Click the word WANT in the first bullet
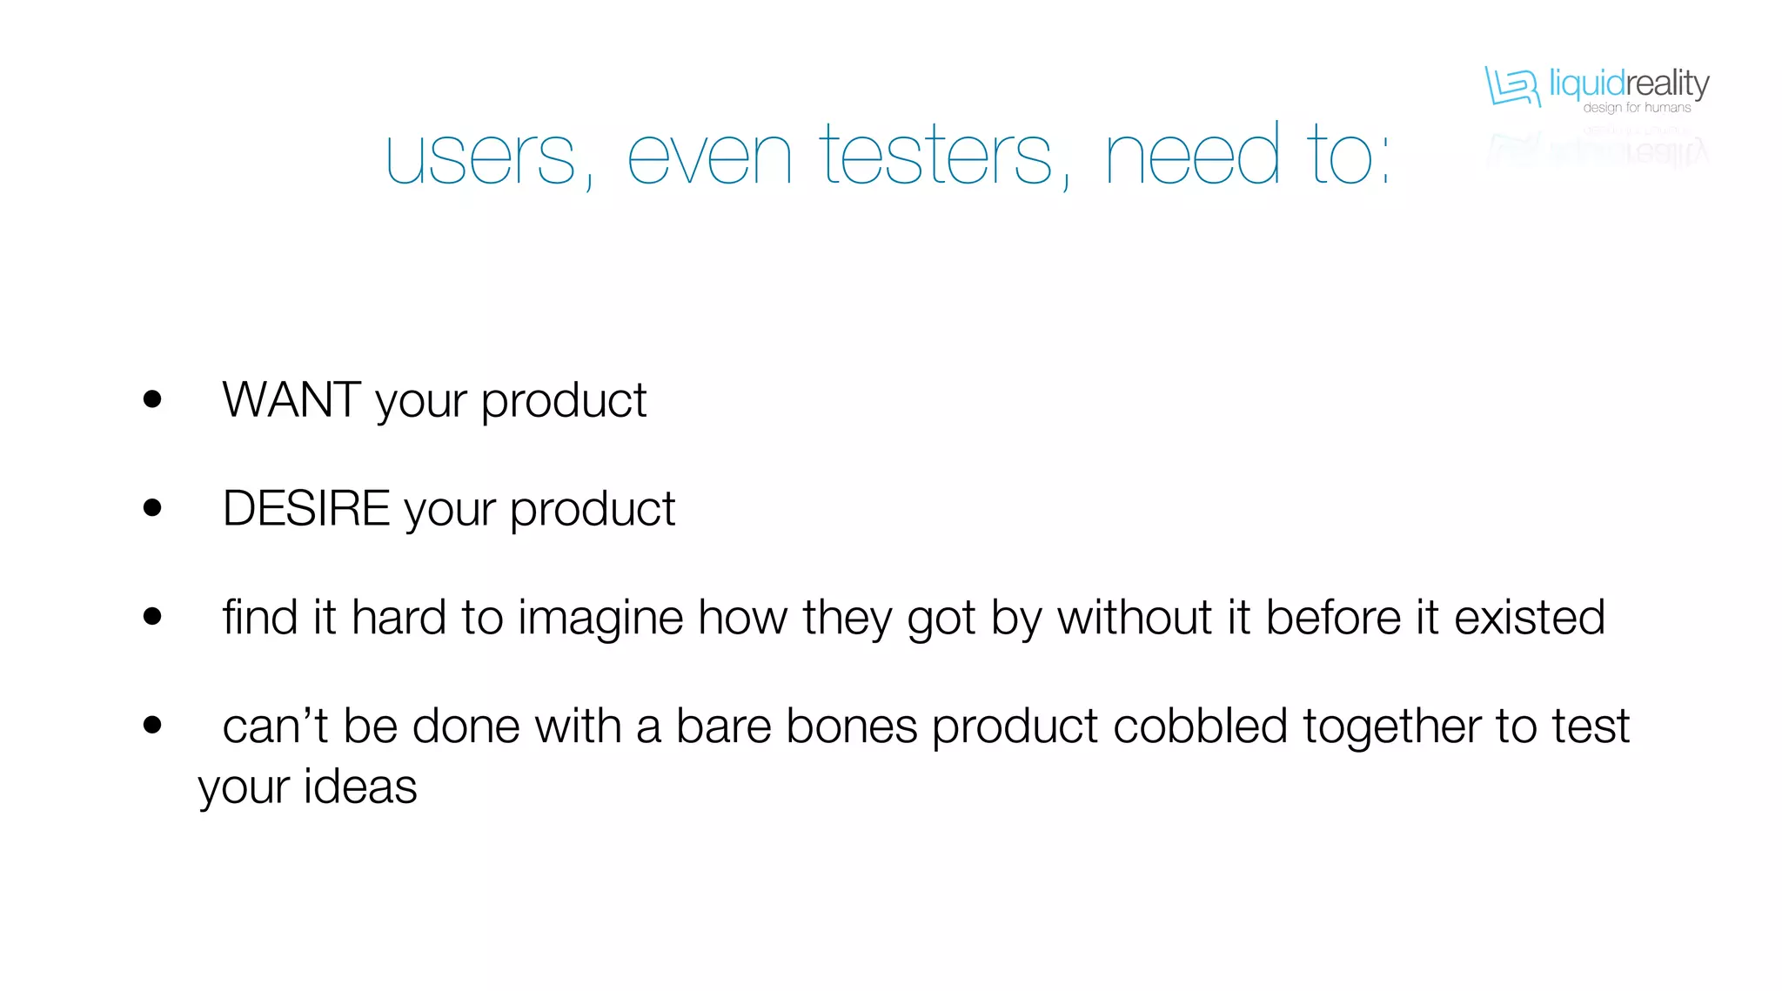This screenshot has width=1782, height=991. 291,400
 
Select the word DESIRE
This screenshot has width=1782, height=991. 306,509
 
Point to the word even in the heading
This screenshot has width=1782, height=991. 709,158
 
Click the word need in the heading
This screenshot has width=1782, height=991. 1192,157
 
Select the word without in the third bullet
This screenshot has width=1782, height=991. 1135,619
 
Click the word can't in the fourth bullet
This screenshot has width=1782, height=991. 275,727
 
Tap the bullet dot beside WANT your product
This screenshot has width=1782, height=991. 152,399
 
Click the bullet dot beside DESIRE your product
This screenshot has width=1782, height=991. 152,508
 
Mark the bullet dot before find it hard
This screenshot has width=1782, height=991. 152,617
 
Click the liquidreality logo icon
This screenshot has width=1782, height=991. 1512,86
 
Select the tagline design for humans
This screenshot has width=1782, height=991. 1637,108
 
